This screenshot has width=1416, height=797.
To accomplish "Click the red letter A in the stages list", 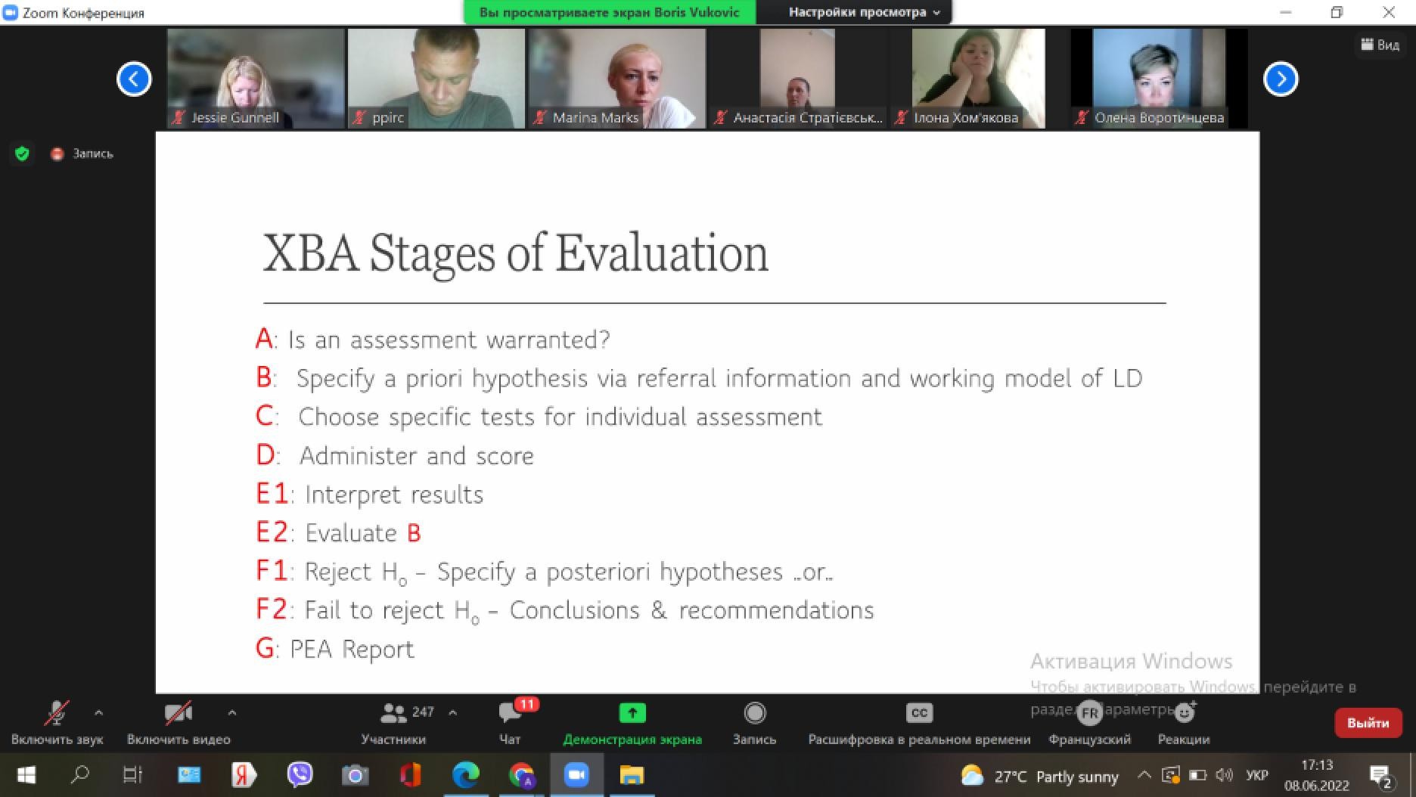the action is coord(264,340).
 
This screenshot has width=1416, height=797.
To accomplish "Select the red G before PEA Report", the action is coord(265,649).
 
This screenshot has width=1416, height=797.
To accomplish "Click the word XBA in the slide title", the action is coord(310,253).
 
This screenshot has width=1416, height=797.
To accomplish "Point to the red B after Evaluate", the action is coord(414,534).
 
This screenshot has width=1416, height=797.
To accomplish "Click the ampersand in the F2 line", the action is coord(659,610).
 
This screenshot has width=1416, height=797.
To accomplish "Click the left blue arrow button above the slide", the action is coord(134,79).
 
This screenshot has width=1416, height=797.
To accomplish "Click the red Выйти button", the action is coord(1368,723).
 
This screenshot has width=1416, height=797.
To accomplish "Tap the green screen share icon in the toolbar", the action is coord(632,712).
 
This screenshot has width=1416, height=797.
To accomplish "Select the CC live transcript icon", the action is coord(919,712).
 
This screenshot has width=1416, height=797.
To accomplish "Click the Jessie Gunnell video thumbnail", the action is coord(256,79).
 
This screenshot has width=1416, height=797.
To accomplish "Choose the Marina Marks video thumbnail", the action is coord(617,79).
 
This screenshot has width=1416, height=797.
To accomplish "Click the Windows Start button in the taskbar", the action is coord(26,775).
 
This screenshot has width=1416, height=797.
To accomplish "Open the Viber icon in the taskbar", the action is coord(300,774).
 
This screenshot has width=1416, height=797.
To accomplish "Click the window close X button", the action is coord(1389,12).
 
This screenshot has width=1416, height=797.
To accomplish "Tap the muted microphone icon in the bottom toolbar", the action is coord(56,712).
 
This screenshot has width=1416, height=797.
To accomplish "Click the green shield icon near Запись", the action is coord(22,154).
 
